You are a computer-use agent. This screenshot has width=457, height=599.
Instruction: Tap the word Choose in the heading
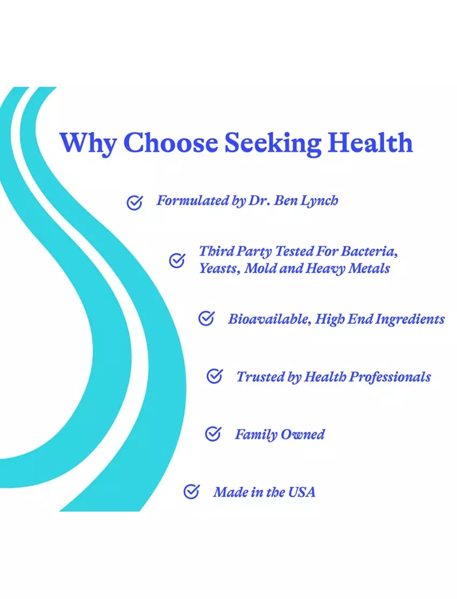pyautogui.click(x=170, y=142)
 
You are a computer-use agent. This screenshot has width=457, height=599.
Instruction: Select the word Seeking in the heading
pyautogui.click(x=273, y=144)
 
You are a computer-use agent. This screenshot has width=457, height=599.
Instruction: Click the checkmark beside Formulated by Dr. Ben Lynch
pyautogui.click(x=135, y=202)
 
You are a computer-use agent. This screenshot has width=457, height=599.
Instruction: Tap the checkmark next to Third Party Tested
pyautogui.click(x=177, y=260)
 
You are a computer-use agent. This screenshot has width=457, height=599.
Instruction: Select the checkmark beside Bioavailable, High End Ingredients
pyautogui.click(x=206, y=318)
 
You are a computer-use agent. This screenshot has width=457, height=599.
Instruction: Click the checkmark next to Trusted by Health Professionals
pyautogui.click(x=214, y=376)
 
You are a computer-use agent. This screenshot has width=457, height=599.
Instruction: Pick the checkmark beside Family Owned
pyautogui.click(x=213, y=433)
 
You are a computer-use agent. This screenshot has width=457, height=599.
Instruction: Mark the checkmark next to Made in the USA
pyautogui.click(x=191, y=491)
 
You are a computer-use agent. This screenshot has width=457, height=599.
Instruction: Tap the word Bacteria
pyautogui.click(x=369, y=251)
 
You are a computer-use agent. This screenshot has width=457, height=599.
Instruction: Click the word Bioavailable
pyautogui.click(x=269, y=319)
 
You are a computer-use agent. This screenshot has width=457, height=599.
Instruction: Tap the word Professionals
pyautogui.click(x=390, y=377)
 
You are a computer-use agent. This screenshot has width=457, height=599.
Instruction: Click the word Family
pyautogui.click(x=256, y=435)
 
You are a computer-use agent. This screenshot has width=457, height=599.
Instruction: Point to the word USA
pyautogui.click(x=302, y=492)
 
